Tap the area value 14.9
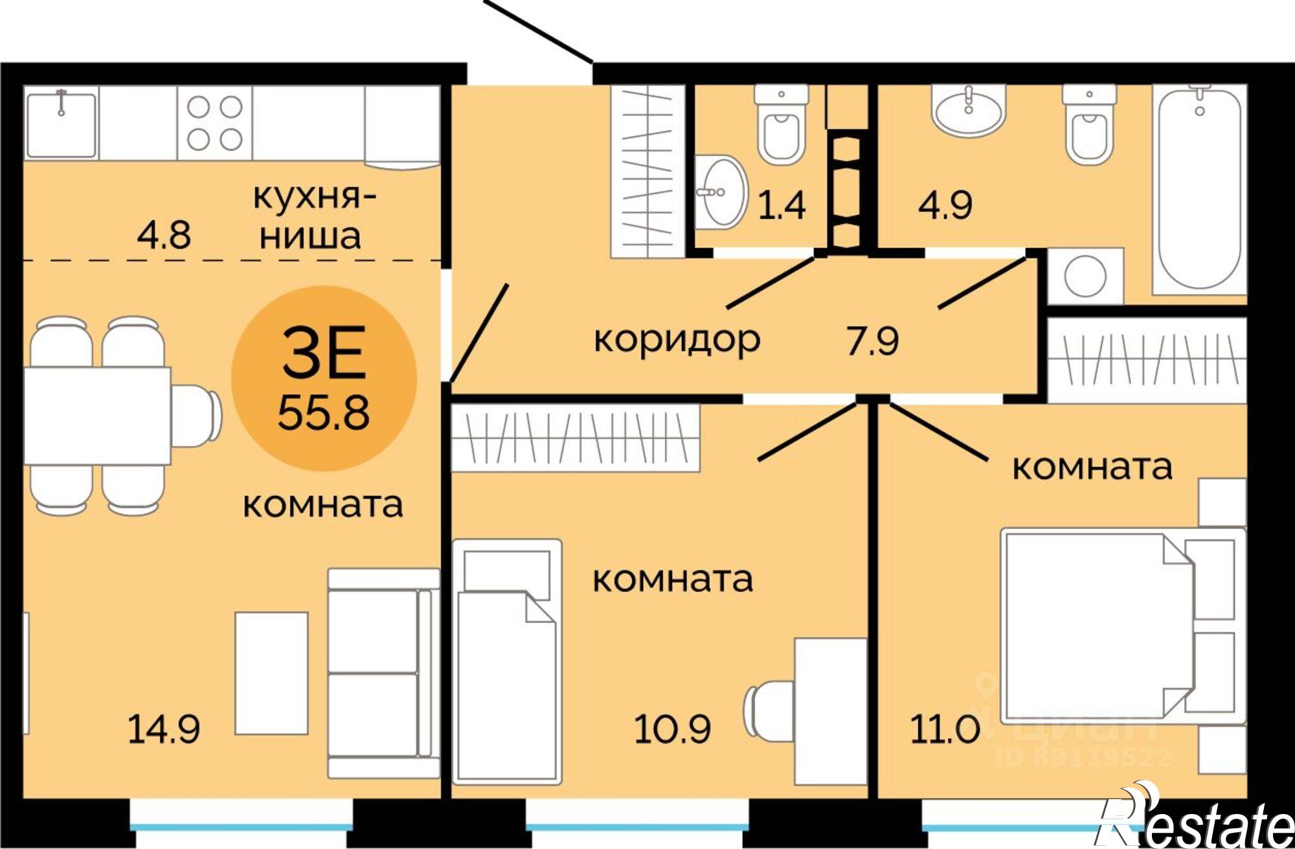(163, 729)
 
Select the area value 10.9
(672, 729)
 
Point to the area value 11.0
(945, 729)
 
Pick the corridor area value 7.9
(872, 341)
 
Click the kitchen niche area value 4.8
(164, 234)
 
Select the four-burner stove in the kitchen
(214, 123)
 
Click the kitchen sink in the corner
(61, 123)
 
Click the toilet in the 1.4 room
(781, 130)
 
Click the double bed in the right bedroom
(1101, 625)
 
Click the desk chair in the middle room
(767, 709)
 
